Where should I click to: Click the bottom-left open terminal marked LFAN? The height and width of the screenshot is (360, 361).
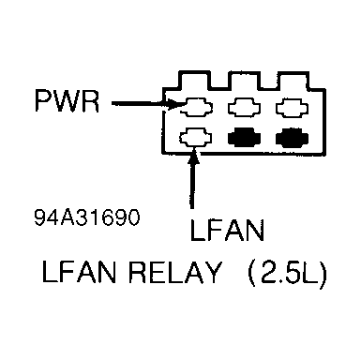197,138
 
